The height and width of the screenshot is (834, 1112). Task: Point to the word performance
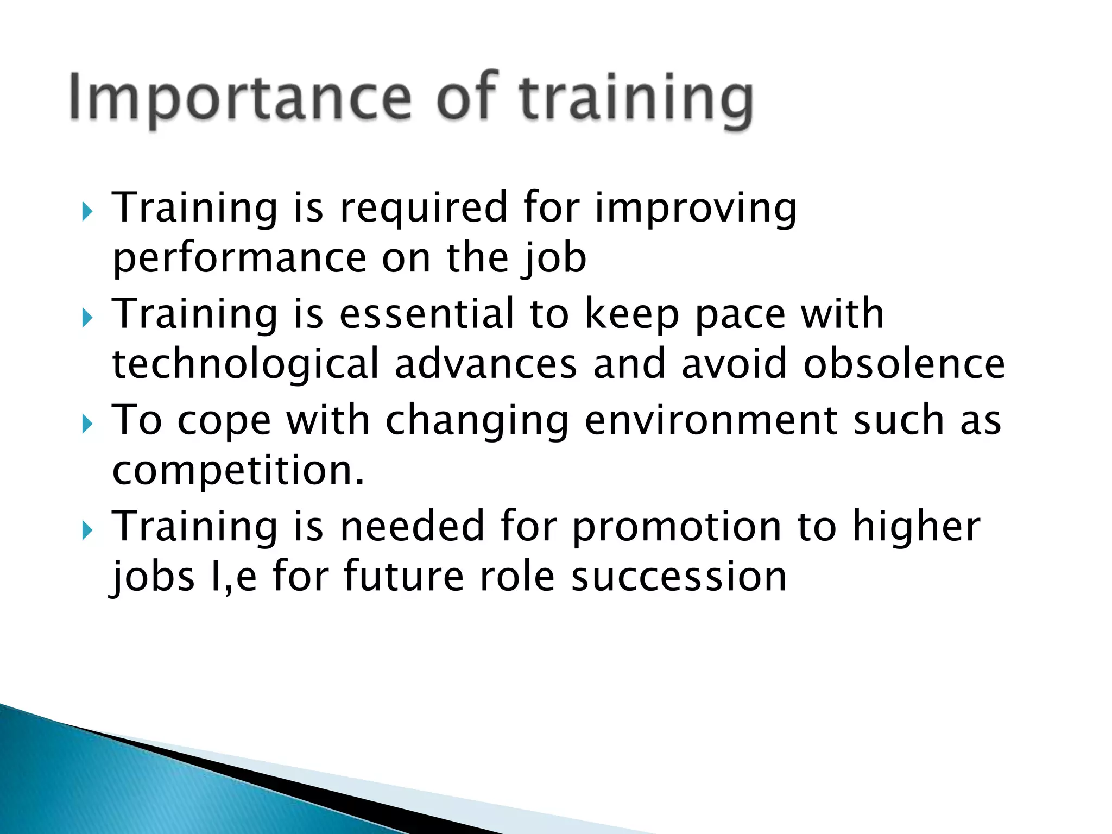click(239, 258)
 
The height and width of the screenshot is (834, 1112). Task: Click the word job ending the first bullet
click(554, 258)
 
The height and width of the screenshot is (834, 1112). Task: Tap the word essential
click(427, 314)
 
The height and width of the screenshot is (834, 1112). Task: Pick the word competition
click(238, 471)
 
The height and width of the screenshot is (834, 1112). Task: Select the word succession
click(679, 577)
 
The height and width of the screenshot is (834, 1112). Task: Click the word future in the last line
click(403, 577)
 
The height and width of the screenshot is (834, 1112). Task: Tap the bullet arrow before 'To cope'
click(87, 424)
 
